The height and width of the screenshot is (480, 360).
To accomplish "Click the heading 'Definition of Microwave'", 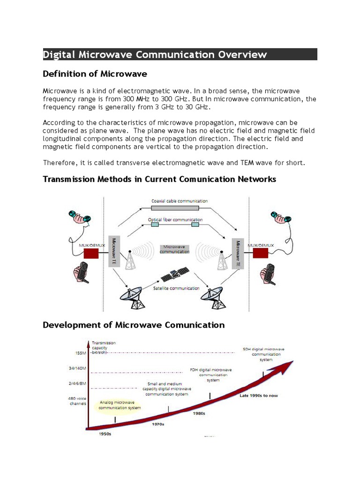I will pyautogui.click(x=95, y=74).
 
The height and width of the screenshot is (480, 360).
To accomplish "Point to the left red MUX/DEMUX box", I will pyautogui.click(x=91, y=254).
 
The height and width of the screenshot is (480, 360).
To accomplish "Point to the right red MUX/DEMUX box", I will pyautogui.click(x=261, y=253).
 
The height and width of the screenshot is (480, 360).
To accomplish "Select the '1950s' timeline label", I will pyautogui.click(x=105, y=434).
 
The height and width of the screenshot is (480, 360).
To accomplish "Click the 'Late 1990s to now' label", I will pyautogui.click(x=259, y=396).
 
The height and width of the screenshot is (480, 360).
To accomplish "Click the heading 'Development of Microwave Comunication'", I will pyautogui.click(x=134, y=325).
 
